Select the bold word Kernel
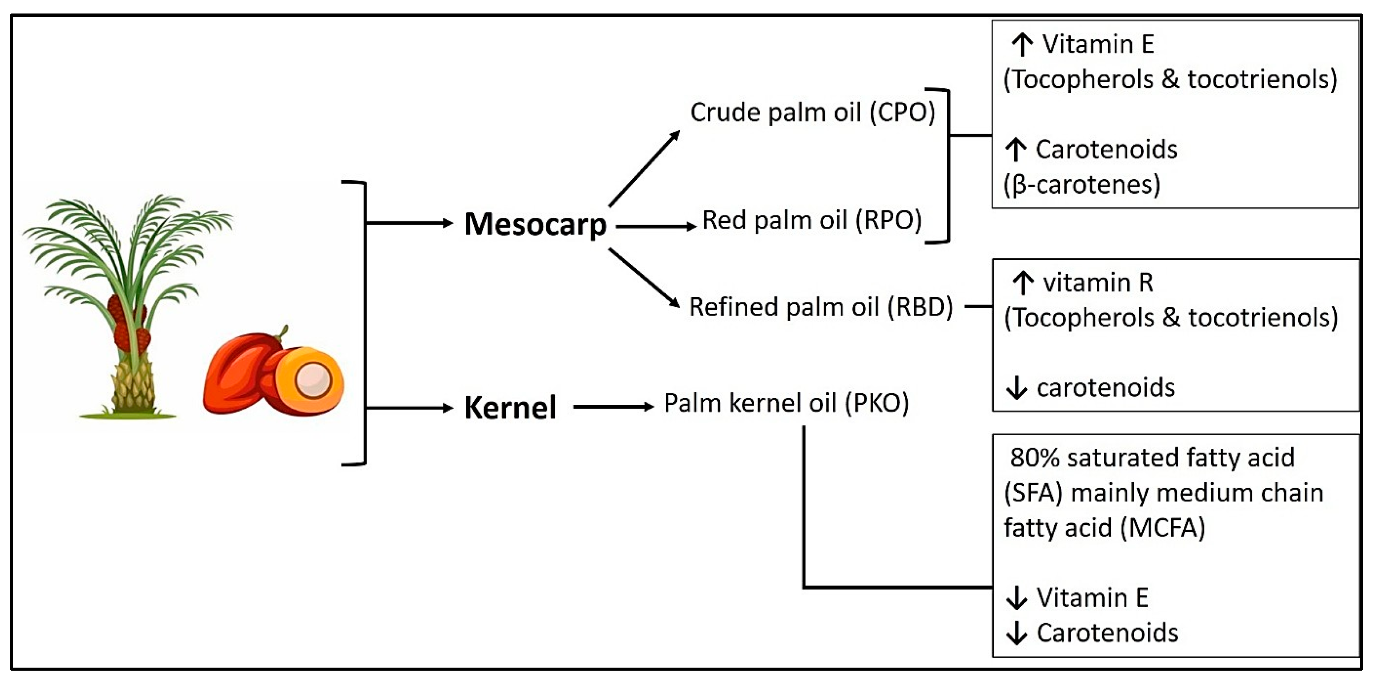point(510,408)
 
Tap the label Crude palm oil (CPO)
point(812,113)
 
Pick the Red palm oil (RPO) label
point(812,220)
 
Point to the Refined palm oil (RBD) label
point(821,307)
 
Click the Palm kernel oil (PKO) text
point(786,403)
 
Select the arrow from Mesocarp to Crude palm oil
point(644,168)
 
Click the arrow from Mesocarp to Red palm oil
point(655,227)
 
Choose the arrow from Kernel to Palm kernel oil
point(613,407)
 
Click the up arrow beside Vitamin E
point(1022,45)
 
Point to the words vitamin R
point(1098,282)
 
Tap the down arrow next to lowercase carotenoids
point(1016,388)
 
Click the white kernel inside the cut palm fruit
point(312,380)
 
